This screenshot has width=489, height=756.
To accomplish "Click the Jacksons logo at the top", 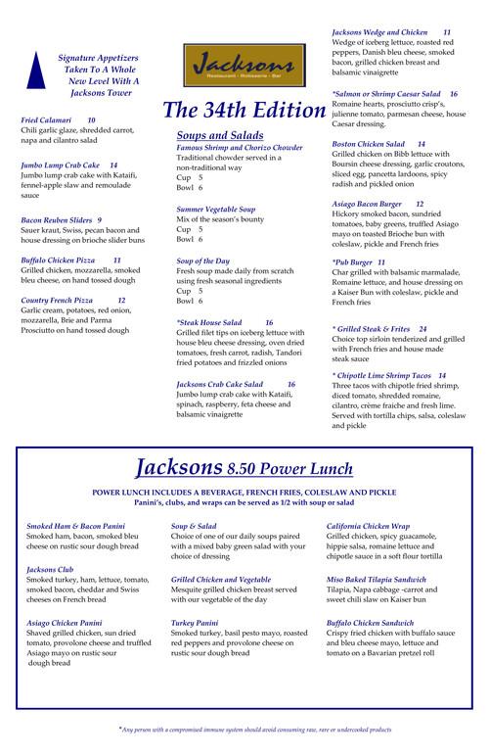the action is (x=241, y=65).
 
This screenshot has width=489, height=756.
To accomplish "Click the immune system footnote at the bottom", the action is (x=255, y=730).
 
